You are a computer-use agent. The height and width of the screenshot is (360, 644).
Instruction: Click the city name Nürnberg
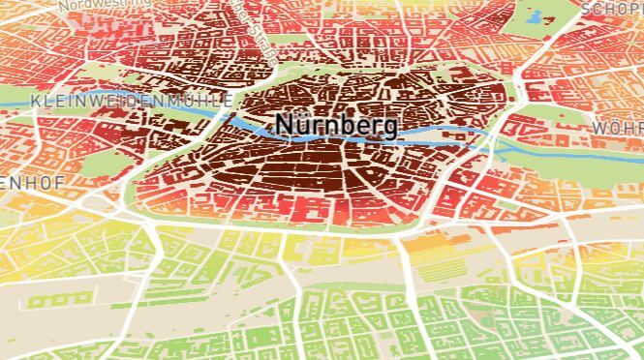tap(335, 126)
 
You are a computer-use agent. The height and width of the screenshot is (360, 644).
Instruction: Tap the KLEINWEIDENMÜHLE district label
tap(131, 100)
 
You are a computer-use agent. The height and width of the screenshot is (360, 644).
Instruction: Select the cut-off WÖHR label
tap(617, 129)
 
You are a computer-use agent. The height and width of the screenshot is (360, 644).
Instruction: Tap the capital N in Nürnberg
tap(285, 126)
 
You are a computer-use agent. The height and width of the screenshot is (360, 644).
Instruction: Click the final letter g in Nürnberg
tap(388, 129)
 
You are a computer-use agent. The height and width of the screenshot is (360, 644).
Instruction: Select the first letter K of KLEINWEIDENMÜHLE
tap(36, 101)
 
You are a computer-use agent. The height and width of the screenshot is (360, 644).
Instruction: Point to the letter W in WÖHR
tap(598, 129)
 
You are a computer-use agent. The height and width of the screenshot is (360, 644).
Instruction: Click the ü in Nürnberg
tap(302, 126)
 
